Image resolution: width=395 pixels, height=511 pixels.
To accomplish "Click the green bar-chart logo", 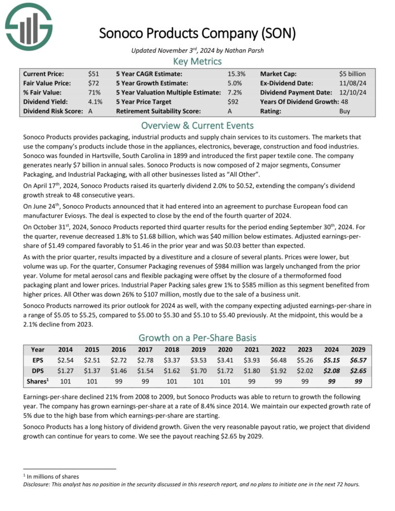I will pyautogui.click(x=28, y=26).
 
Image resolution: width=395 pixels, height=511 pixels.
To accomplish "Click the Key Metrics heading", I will pyautogui.click(x=197, y=61).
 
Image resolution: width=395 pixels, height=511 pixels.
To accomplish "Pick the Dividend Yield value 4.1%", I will pyautogui.click(x=95, y=102).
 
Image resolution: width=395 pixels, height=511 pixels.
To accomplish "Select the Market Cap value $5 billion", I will pyautogui.click(x=352, y=73).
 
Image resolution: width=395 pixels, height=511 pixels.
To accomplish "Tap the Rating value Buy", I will pyautogui.click(x=345, y=111).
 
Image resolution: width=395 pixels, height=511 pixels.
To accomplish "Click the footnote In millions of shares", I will pyautogui.click(x=52, y=476).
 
